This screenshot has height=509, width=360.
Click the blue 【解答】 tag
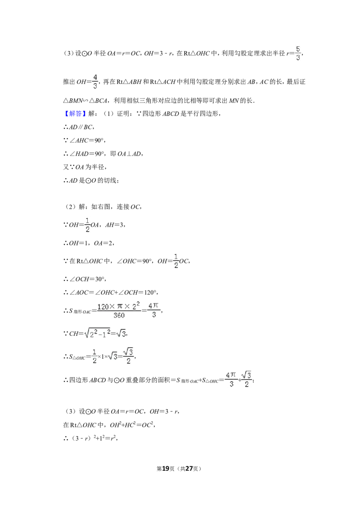pyautogui.click(x=74, y=113)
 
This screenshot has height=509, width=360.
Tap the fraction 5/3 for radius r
pyautogui.click(x=298, y=54)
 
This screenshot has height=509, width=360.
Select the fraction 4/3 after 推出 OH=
pyautogui.click(x=95, y=82)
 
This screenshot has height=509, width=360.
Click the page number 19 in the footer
pyautogui.click(x=166, y=469)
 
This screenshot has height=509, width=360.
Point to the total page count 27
pyautogui.click(x=189, y=469)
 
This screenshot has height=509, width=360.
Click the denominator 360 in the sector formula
pyautogui.click(x=119, y=315)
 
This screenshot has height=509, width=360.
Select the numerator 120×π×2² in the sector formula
pyautogui.click(x=119, y=306)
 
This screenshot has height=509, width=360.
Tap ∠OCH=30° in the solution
pyautogui.click(x=87, y=279)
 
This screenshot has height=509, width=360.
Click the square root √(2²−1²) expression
pyautogui.click(x=97, y=333)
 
